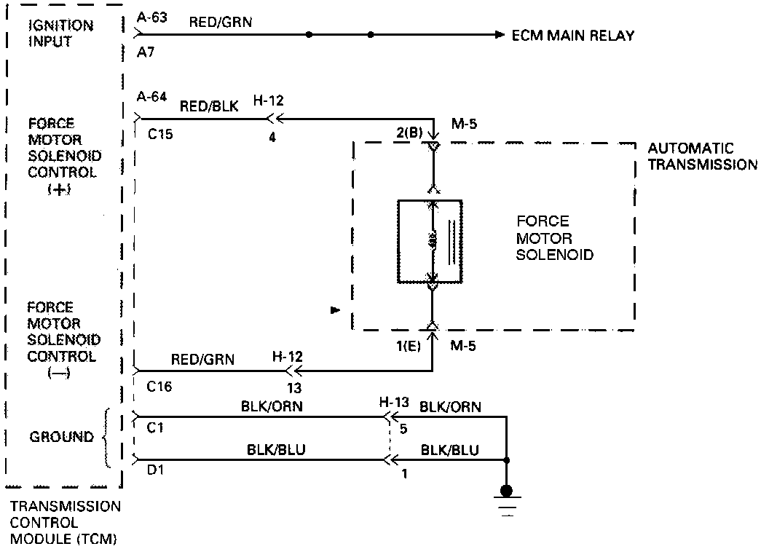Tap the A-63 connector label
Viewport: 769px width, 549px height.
152,17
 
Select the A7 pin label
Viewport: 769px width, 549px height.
145,53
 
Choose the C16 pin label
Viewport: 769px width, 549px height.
160,387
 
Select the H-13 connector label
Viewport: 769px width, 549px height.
395,403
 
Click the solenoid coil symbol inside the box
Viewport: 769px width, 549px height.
433,240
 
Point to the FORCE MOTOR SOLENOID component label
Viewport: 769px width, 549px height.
555,238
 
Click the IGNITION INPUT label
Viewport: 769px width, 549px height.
60,33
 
